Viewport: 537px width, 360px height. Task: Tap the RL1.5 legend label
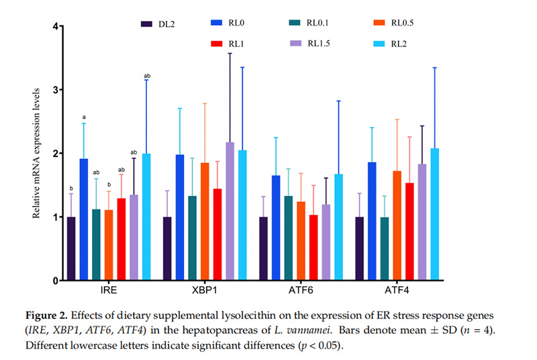pos(319,44)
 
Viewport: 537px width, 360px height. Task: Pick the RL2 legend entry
pos(387,44)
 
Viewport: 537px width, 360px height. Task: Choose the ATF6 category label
pos(302,294)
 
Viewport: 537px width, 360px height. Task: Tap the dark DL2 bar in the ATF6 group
pos(264,249)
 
